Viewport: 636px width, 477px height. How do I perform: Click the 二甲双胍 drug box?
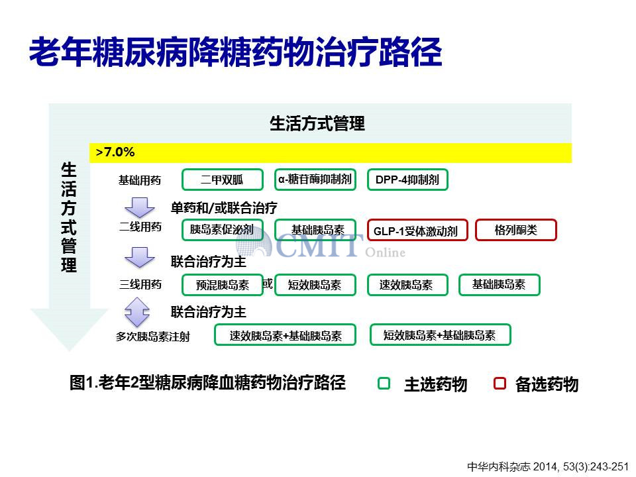point(223,180)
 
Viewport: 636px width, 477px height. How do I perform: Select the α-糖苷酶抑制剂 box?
point(315,180)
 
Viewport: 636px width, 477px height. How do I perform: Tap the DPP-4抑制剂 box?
point(407,180)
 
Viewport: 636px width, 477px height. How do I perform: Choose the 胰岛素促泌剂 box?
point(223,230)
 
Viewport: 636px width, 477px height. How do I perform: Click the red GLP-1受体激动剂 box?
point(417,230)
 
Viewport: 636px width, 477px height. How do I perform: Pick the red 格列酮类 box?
point(516,230)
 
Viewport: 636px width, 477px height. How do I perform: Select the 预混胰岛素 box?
point(223,285)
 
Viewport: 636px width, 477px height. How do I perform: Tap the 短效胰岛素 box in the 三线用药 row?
point(315,285)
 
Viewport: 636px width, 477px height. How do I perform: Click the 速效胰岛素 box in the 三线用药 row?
point(407,285)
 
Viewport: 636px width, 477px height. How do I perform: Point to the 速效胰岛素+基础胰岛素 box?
point(285,335)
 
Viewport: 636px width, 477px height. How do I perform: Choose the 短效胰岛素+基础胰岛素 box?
point(441,335)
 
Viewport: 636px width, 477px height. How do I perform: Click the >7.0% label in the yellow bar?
point(115,152)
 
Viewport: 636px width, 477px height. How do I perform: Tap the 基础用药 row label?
point(140,180)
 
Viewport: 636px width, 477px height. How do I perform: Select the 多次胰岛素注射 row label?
point(153,337)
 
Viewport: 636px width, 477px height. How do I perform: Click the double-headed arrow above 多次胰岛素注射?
point(138,312)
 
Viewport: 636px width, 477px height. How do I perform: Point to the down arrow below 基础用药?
point(140,207)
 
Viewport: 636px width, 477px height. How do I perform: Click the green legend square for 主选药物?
point(384,384)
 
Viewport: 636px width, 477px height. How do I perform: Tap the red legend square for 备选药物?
point(500,384)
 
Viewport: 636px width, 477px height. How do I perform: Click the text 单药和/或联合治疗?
point(224,208)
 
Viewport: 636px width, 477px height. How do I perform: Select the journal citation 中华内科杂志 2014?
point(548,467)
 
